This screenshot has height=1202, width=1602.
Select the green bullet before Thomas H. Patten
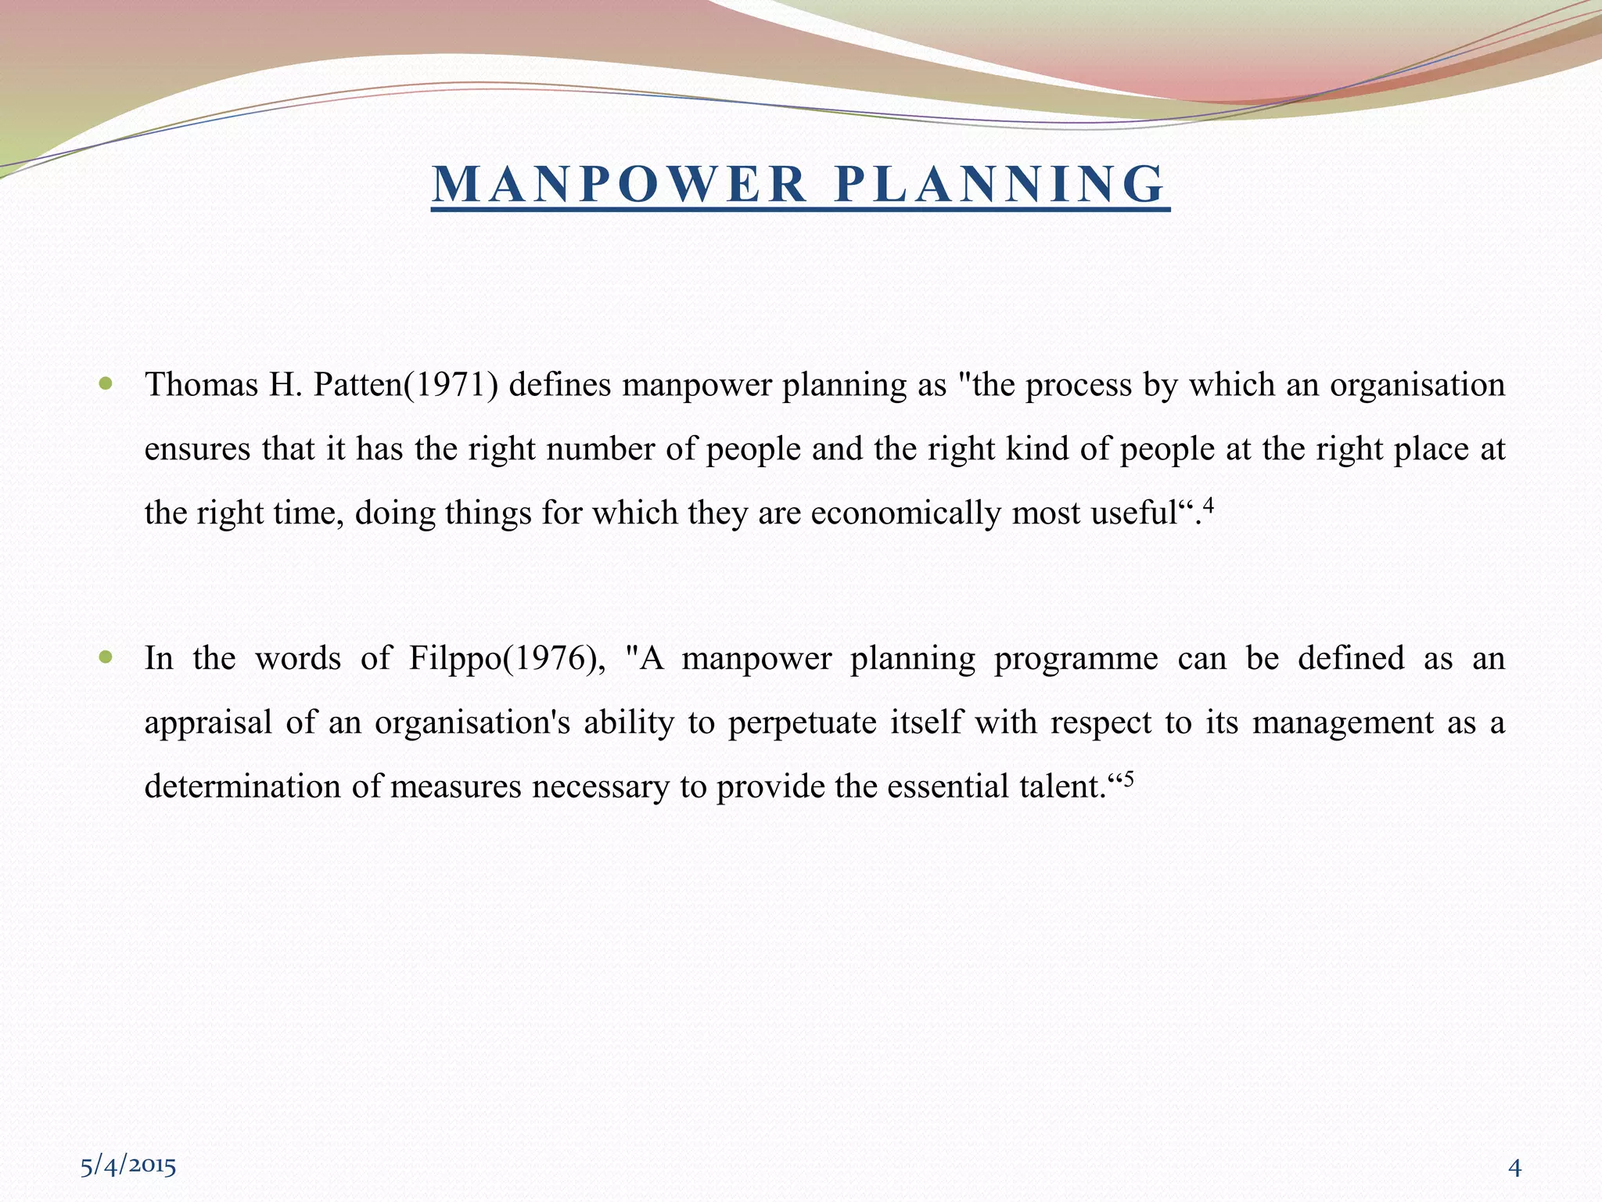107,384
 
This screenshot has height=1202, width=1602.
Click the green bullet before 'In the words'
107,657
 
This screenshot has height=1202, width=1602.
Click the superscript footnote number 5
1128,778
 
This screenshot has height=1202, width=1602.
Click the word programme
1076,659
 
